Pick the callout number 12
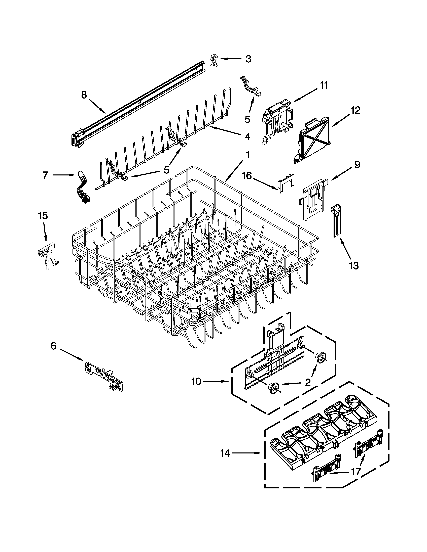[x=355, y=110]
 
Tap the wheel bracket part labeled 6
[x=104, y=376]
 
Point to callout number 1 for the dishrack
[x=248, y=155]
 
